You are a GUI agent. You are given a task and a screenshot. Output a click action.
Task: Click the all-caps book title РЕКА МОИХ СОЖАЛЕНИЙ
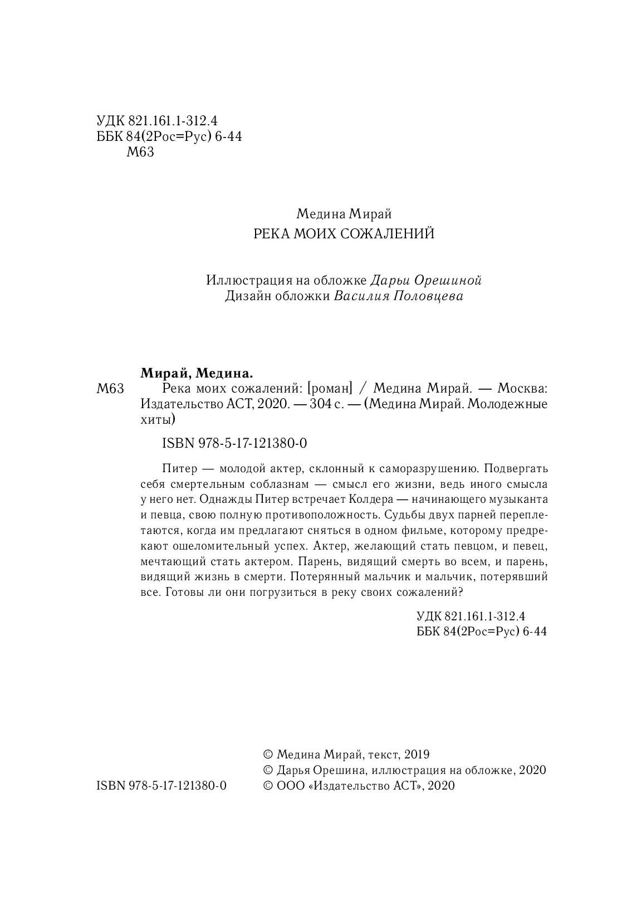(x=344, y=234)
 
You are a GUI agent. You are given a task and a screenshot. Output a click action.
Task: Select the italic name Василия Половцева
(x=399, y=296)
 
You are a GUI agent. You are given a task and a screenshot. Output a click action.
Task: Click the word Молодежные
(x=507, y=404)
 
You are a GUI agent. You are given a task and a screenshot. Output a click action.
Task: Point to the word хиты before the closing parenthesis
(x=152, y=419)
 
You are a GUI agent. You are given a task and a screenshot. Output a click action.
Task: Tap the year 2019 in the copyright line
(x=417, y=755)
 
